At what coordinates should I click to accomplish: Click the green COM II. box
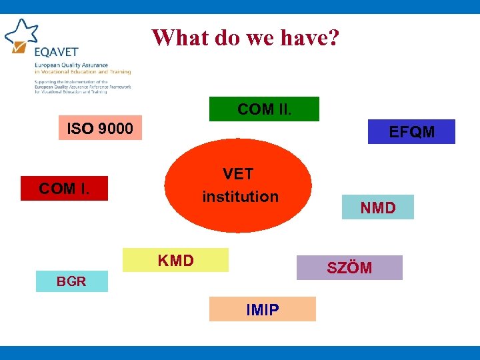pyautogui.click(x=264, y=109)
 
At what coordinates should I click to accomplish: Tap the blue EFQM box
pyautogui.click(x=411, y=132)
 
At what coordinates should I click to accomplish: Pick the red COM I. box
pyautogui.click(x=64, y=189)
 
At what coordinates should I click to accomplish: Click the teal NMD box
pyautogui.click(x=377, y=207)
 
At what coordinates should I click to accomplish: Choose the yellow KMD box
pyautogui.click(x=175, y=260)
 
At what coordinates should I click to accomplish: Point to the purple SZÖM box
pyautogui.click(x=349, y=268)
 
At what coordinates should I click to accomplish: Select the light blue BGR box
pyautogui.click(x=71, y=281)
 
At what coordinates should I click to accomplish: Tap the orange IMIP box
pyautogui.click(x=262, y=309)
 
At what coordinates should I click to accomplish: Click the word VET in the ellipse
pyautogui.click(x=238, y=174)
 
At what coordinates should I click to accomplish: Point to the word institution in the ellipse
pyautogui.click(x=240, y=197)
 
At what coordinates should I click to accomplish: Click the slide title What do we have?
pyautogui.click(x=245, y=37)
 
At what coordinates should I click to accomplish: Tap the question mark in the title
pyautogui.click(x=333, y=37)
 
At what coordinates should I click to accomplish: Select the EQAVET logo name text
pyautogui.click(x=57, y=52)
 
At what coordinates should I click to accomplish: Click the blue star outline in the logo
pyautogui.click(x=21, y=31)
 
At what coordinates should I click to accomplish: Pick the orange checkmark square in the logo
pyautogui.click(x=19, y=47)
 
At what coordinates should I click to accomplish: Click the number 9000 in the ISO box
pyautogui.click(x=115, y=127)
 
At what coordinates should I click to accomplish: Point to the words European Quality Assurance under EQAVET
pyautogui.click(x=73, y=65)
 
